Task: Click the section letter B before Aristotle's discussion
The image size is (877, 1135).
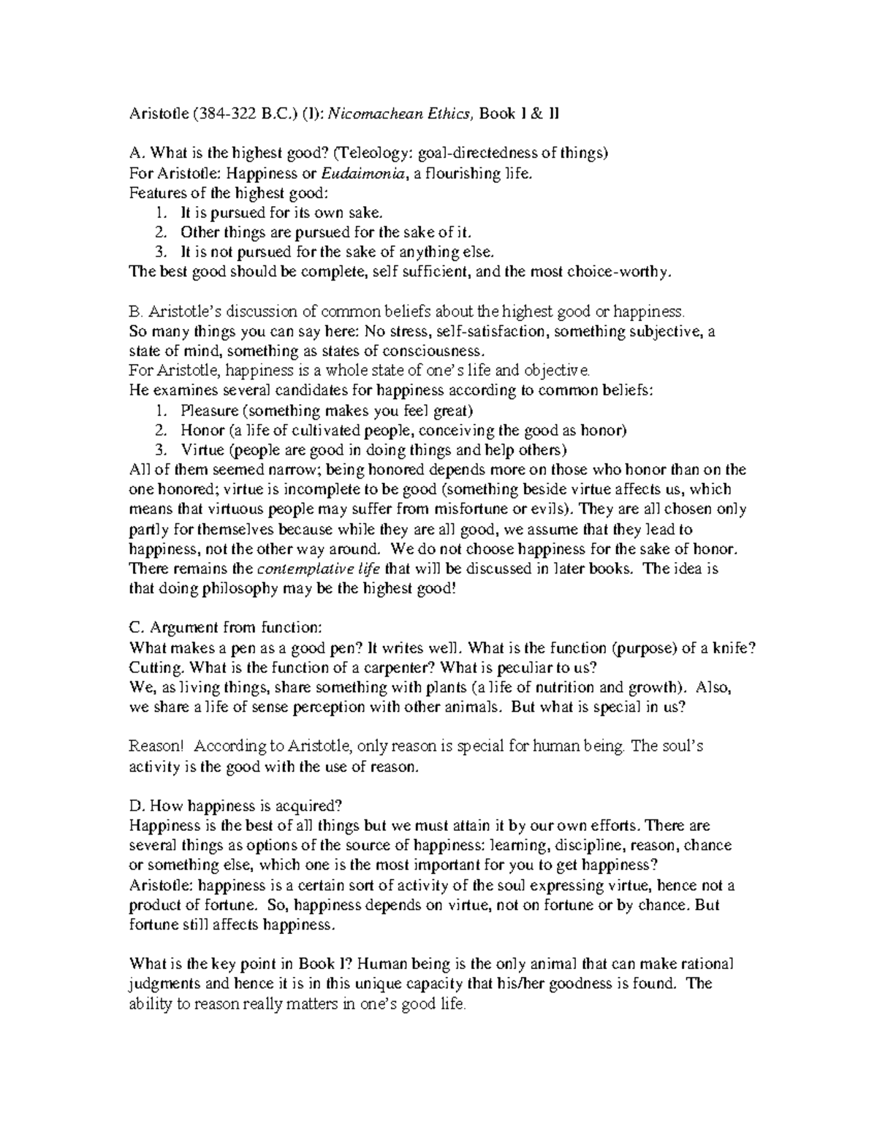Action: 133,311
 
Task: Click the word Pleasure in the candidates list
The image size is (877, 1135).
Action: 208,410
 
